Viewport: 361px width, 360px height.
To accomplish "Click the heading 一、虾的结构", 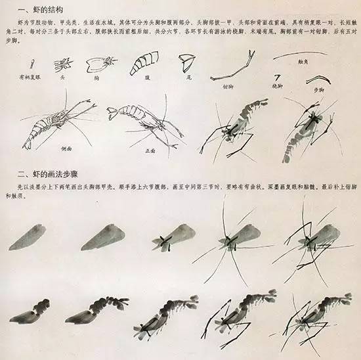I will coord(42,9).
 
